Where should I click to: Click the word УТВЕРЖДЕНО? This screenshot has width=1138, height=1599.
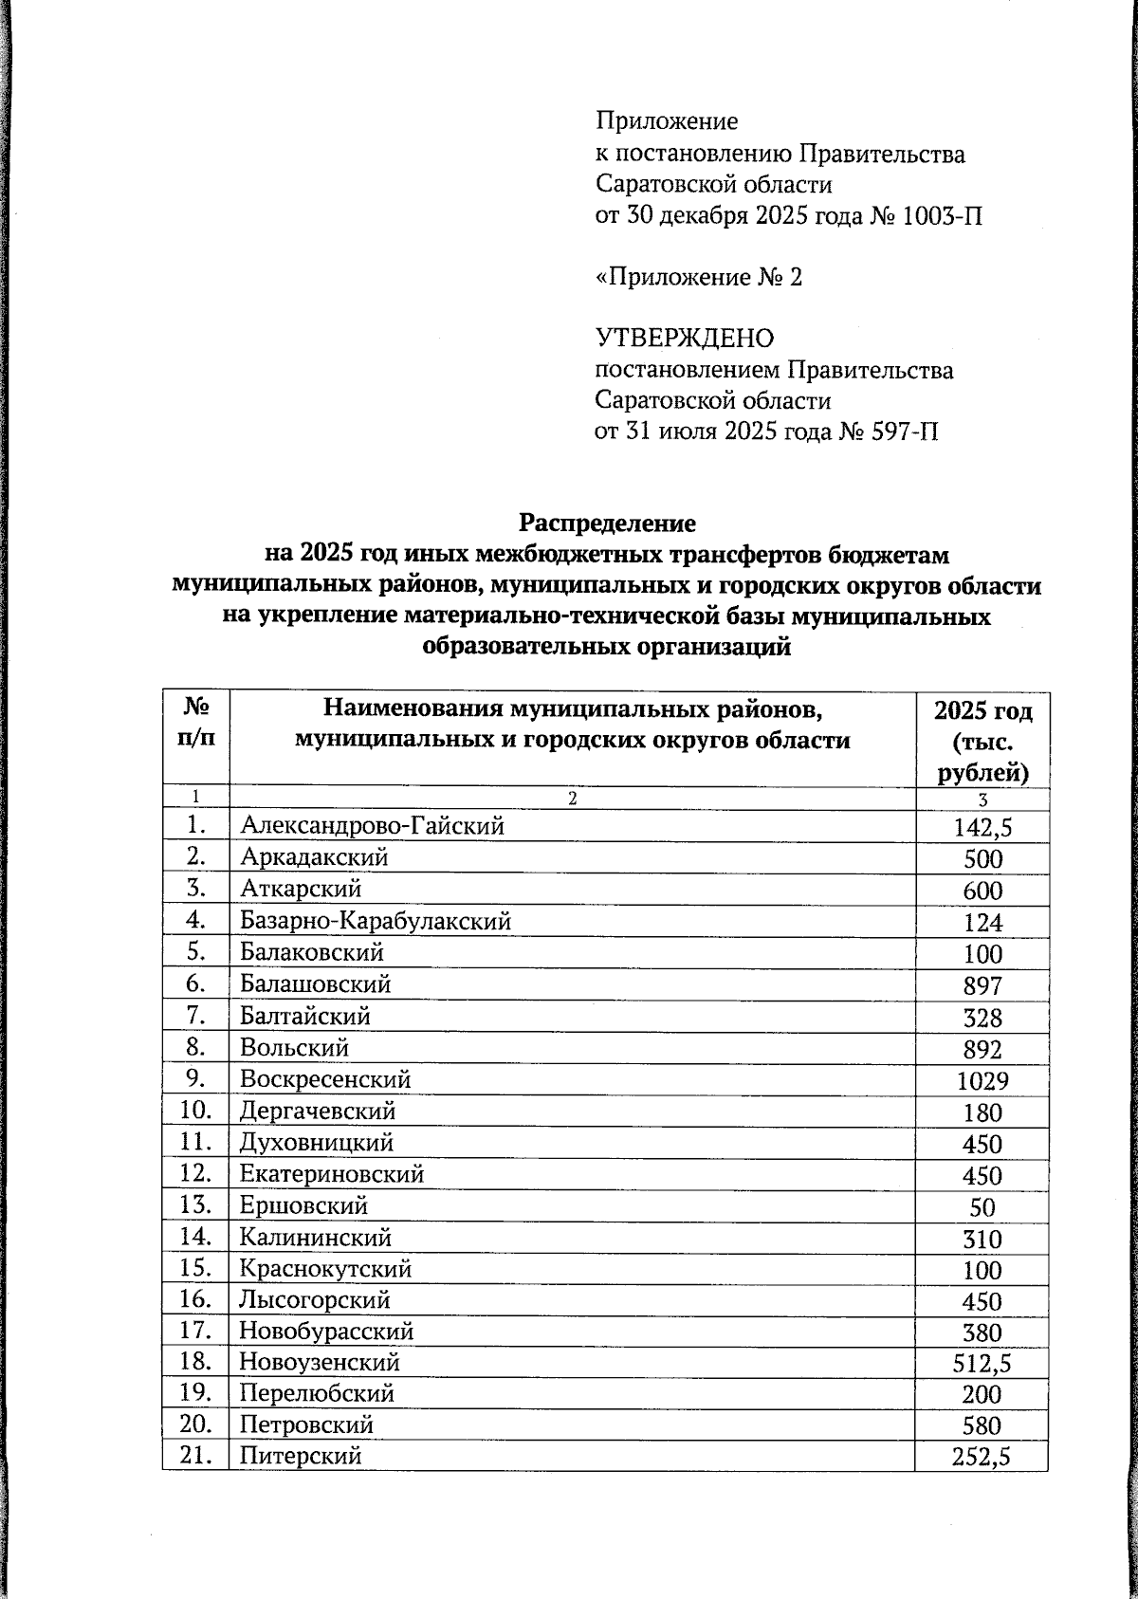pyautogui.click(x=684, y=339)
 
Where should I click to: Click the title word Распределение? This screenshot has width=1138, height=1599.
pyautogui.click(x=607, y=524)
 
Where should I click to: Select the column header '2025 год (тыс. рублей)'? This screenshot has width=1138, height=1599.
pyautogui.click(x=982, y=741)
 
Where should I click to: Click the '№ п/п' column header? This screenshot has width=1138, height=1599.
pyautogui.click(x=195, y=723)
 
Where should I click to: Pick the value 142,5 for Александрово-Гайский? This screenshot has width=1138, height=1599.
pyautogui.click(x=982, y=828)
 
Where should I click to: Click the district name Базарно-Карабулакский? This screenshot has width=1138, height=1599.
pyautogui.click(x=376, y=921)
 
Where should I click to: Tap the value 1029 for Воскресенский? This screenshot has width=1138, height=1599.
pyautogui.click(x=982, y=1081)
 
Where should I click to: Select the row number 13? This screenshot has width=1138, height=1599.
pyautogui.click(x=194, y=1206)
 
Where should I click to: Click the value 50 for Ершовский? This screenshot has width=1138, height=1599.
pyautogui.click(x=982, y=1208)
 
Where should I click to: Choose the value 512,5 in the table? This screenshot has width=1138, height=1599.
pyautogui.click(x=982, y=1365)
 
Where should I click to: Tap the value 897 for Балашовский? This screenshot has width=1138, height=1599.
pyautogui.click(x=982, y=986)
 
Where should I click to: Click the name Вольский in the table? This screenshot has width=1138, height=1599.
pyautogui.click(x=294, y=1048)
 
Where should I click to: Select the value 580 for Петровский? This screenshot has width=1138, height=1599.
pyautogui.click(x=982, y=1426)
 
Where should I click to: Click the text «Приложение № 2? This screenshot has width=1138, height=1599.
pyautogui.click(x=698, y=277)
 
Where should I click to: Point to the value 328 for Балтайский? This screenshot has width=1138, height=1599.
pyautogui.click(x=982, y=1018)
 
